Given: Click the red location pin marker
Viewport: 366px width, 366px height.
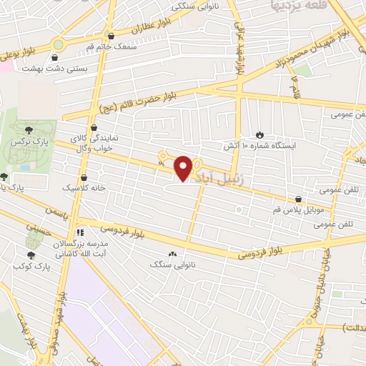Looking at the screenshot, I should [184, 167].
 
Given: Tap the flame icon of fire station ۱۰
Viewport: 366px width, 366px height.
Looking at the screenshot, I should [259, 134].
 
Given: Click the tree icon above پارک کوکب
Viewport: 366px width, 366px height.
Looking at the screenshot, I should [31, 254].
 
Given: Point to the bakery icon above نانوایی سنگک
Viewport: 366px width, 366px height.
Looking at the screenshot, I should [172, 254].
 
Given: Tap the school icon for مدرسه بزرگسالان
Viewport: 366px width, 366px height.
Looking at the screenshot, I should [80, 232].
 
